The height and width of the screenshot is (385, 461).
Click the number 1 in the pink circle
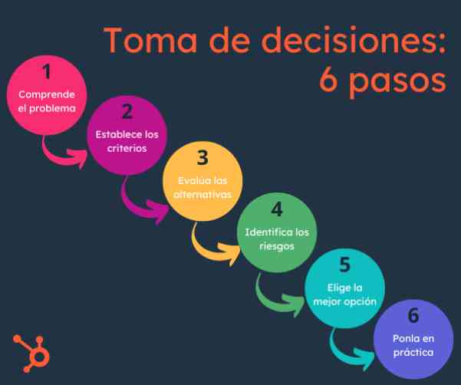[47, 71]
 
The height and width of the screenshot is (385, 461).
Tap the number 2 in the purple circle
[127, 111]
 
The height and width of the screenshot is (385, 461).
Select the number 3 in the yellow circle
[203, 157]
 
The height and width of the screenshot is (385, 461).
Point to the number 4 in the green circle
[277, 209]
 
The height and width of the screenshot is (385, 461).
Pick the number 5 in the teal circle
[345, 265]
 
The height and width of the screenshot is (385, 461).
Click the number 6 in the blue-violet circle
[413, 315]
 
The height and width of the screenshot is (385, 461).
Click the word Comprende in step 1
[47, 95]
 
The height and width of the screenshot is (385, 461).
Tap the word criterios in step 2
[127, 149]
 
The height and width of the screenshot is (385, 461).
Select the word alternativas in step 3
[203, 195]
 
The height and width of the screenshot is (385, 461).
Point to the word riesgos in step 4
[277, 246]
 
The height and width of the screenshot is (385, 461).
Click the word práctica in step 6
[413, 352]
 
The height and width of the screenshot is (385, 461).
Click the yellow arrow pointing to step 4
[210, 253]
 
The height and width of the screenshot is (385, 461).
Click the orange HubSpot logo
[31, 354]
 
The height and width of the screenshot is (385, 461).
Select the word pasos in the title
[398, 81]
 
